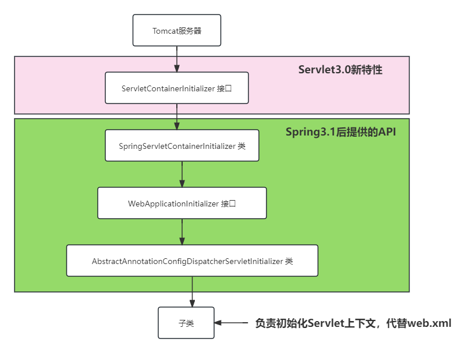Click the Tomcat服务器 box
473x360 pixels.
(177, 31)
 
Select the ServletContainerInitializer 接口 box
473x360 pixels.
(177, 88)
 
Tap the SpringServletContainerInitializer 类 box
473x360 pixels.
(182, 145)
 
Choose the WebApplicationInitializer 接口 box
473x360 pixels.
(182, 203)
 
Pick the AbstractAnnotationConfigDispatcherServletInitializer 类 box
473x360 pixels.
(192, 261)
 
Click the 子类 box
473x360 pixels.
(186, 323)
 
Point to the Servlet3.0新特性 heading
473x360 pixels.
(340, 70)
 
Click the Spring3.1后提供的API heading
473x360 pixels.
(340, 132)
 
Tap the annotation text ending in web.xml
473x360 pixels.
(353, 323)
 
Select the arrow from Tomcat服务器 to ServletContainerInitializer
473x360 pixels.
(177, 59)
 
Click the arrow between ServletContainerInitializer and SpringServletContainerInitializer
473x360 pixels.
(177, 116)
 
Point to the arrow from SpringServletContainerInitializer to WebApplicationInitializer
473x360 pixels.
(182, 174)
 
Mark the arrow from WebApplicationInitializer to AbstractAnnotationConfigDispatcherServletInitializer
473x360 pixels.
(182, 231)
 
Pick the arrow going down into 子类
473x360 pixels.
(192, 291)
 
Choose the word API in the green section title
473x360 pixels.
(386, 132)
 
